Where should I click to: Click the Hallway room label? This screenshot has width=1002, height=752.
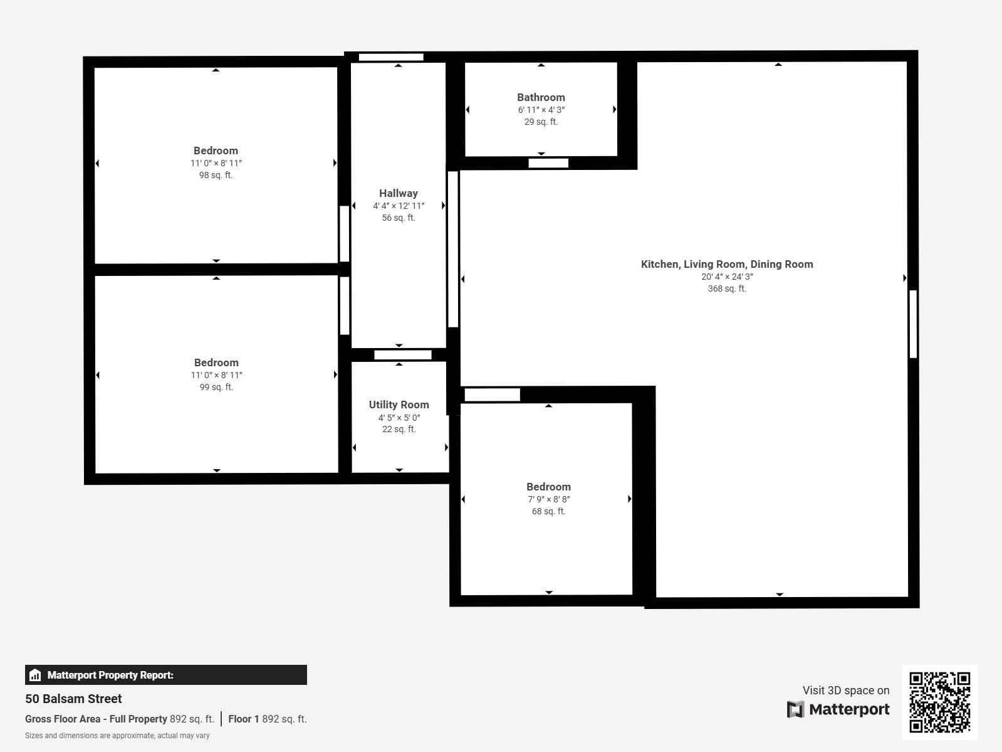coord(398,193)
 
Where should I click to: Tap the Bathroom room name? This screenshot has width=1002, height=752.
coord(541,97)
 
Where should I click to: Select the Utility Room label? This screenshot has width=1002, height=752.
coord(399,405)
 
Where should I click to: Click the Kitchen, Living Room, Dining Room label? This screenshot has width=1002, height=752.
coord(727,264)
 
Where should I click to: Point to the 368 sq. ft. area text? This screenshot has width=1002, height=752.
coord(727,289)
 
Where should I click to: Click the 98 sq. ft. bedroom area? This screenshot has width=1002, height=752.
coord(216,175)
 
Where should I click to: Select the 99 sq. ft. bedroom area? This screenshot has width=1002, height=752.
coord(216,387)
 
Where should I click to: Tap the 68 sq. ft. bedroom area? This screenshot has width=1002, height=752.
coord(548,511)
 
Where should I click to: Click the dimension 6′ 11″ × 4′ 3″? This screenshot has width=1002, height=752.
coord(541,110)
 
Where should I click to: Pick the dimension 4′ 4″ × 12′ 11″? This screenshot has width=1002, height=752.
coord(398,206)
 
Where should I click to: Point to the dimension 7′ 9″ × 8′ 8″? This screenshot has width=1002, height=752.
coord(548,499)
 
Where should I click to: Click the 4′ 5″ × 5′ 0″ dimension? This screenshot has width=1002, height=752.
coord(399,418)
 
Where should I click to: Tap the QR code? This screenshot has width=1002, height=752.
coord(939,702)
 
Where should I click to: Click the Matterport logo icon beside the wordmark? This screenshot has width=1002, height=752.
coord(795,709)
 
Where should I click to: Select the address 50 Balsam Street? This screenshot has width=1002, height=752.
coord(73,699)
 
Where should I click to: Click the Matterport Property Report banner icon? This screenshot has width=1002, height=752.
coord(35,675)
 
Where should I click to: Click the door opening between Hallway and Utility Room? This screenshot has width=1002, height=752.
coord(403,354)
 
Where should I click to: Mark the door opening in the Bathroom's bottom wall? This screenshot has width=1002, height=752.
coord(548,163)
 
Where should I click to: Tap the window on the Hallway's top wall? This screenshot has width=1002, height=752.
coord(391,57)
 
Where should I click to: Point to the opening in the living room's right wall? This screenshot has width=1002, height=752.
coord(913,324)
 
